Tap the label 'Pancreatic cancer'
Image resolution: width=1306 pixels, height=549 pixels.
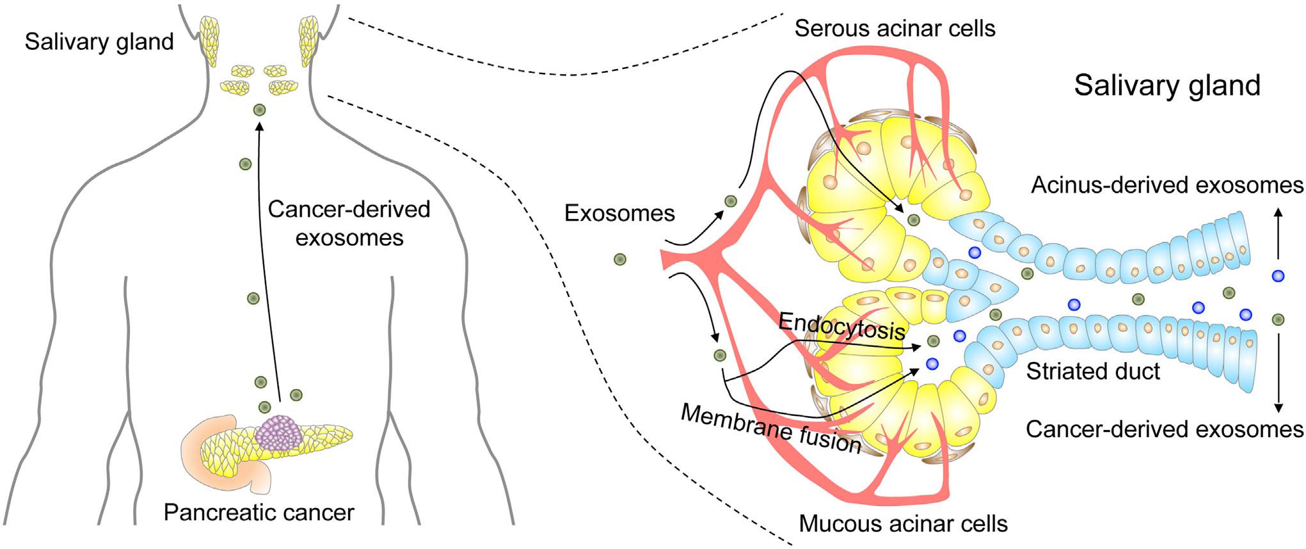259,512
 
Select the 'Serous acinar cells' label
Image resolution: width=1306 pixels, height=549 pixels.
895,29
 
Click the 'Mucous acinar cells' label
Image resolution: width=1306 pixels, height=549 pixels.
903,524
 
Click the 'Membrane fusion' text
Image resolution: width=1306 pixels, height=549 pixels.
771,429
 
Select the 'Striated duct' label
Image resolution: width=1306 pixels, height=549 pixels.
1093,371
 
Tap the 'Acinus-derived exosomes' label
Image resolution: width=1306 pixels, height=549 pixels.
1167,186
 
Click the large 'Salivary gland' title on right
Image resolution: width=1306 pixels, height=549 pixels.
1167,85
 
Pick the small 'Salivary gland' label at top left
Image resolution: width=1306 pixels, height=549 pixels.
99,42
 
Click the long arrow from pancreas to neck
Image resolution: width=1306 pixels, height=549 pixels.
267,256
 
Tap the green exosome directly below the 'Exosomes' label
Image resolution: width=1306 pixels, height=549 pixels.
619,259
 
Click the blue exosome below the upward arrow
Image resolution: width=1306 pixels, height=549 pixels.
1278,276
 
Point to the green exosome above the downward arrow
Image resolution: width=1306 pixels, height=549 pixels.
1278,319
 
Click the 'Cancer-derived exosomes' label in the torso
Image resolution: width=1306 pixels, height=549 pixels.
349,223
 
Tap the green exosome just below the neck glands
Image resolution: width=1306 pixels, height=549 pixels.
259,110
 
